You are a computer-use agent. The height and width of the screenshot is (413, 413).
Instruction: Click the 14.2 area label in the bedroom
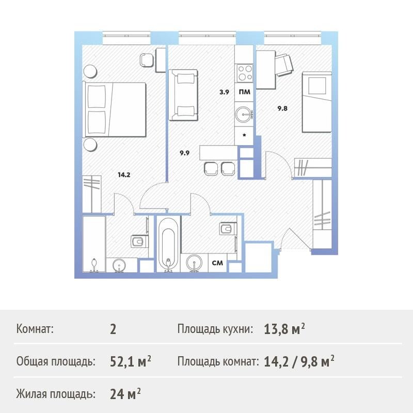(x=124, y=174)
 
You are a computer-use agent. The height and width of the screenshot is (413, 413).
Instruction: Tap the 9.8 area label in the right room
(x=282, y=108)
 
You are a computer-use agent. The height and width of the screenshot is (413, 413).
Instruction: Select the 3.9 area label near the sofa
(x=224, y=92)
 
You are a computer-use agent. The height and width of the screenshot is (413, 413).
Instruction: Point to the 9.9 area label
(x=185, y=153)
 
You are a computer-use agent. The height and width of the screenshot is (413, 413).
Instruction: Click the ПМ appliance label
(x=244, y=92)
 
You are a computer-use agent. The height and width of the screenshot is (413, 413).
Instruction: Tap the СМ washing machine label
(x=217, y=263)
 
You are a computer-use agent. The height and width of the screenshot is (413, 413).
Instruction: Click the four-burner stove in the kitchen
(x=244, y=73)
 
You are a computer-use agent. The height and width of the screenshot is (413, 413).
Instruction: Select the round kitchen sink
(x=244, y=115)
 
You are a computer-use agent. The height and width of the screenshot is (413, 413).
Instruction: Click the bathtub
(x=169, y=244)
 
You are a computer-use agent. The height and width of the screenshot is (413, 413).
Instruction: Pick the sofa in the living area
(x=183, y=95)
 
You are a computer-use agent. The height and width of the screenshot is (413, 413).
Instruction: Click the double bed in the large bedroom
(x=115, y=109)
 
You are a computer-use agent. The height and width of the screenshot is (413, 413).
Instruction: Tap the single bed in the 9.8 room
(x=317, y=102)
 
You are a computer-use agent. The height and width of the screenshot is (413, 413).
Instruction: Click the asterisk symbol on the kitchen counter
(x=244, y=135)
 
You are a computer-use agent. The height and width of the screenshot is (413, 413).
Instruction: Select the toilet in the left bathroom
(x=139, y=241)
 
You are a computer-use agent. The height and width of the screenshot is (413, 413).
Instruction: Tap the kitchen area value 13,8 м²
(x=284, y=329)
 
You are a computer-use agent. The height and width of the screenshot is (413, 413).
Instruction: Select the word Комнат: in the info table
(x=35, y=329)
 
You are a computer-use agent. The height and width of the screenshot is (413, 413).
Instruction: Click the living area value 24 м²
(x=125, y=394)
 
